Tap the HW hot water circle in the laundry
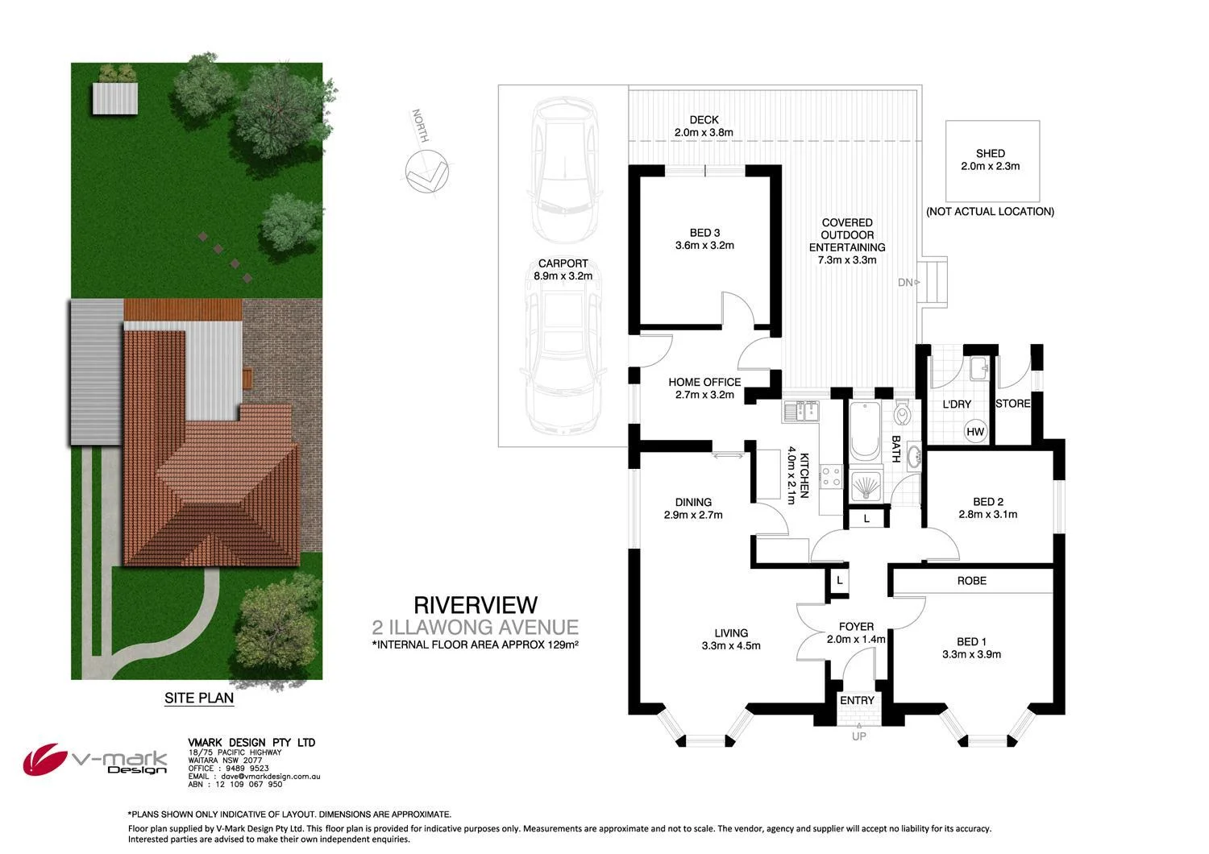[975, 432]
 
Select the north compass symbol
[426, 172]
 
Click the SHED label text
[990, 153]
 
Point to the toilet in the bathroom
[902, 413]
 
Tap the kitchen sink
[800, 412]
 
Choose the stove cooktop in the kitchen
[831, 477]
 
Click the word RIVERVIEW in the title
[475, 604]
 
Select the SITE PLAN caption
[198, 698]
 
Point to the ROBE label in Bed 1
[971, 580]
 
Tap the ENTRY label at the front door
[856, 700]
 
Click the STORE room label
[1013, 403]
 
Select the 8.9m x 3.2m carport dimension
[563, 276]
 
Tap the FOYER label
[856, 626]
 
